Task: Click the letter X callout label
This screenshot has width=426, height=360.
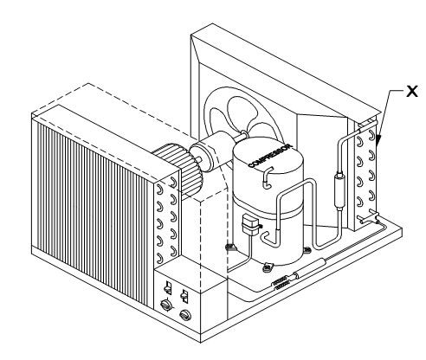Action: tap(412, 91)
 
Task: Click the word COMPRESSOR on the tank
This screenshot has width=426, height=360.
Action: tap(270, 156)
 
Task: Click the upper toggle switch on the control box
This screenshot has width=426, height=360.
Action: tap(168, 287)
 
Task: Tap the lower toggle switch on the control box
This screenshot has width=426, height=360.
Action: tap(184, 296)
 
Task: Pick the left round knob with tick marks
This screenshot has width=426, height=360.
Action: tap(165, 305)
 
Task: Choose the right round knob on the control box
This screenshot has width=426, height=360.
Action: tap(185, 315)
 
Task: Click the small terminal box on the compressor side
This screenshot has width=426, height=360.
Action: tap(250, 223)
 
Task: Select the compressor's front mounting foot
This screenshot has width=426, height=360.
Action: tap(268, 268)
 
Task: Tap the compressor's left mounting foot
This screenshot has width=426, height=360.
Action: tap(230, 247)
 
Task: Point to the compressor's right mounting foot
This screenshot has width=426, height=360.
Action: tap(307, 249)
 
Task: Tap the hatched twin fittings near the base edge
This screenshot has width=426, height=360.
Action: tap(280, 282)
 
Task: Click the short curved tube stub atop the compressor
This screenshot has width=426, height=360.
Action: tap(267, 178)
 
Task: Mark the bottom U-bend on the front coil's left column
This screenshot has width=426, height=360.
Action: tap(158, 257)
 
